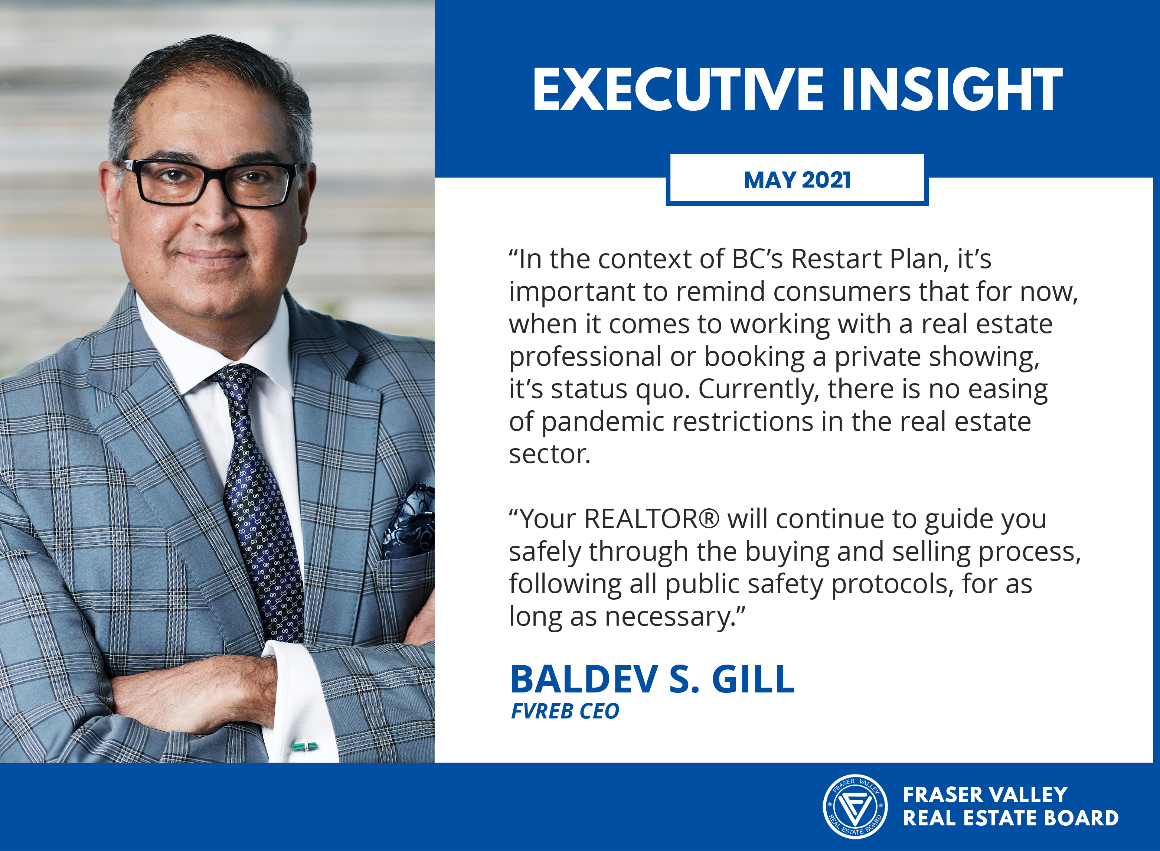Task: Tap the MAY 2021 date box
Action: (797, 180)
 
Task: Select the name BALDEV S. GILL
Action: (652, 679)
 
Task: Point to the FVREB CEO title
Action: (565, 711)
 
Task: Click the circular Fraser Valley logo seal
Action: (855, 806)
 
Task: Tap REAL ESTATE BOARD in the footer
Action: (1011, 818)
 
